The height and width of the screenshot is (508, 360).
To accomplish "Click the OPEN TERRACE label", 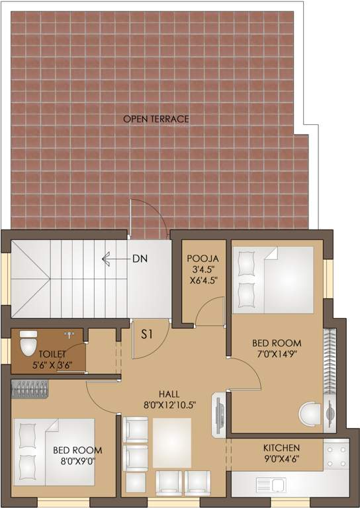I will (x=156, y=119).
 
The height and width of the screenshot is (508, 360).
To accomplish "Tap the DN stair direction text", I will (x=140, y=259).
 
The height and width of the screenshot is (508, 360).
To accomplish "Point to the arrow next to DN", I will (x=112, y=259).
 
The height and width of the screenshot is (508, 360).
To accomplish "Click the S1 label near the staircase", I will (x=147, y=335).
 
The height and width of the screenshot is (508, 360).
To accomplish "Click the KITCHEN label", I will (x=281, y=448).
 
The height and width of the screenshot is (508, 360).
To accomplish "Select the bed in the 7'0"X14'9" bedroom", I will (x=273, y=280).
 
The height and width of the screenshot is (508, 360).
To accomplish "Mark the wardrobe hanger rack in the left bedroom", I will (x=30, y=389).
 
